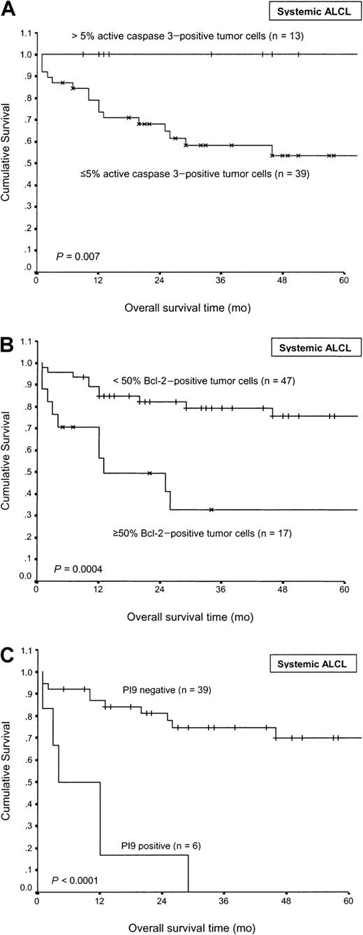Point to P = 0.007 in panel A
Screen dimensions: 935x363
click(75, 257)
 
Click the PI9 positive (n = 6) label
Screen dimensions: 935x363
click(142, 845)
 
